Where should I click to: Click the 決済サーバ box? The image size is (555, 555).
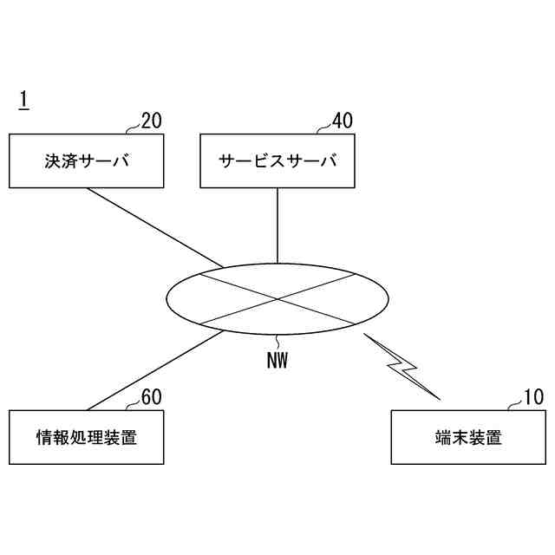pyautogui.click(x=87, y=160)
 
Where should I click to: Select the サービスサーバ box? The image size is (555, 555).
pyautogui.click(x=277, y=160)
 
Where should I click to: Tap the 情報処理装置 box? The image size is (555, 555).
pyautogui.click(x=87, y=438)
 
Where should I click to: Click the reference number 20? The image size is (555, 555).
pyautogui.click(x=151, y=121)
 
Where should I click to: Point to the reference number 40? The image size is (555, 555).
pyautogui.click(x=342, y=121)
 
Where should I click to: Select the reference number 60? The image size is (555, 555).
pyautogui.click(x=151, y=397)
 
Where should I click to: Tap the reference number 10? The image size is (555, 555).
pyautogui.click(x=533, y=397)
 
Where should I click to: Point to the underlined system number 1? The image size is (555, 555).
pyautogui.click(x=23, y=101)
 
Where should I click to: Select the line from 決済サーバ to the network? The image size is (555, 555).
pyautogui.click(x=154, y=227)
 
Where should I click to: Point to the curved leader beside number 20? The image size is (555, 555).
pyautogui.click(x=132, y=128)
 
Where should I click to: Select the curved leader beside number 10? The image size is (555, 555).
pyautogui.click(x=514, y=405)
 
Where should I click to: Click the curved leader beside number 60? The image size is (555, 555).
pyautogui.click(x=132, y=405)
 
